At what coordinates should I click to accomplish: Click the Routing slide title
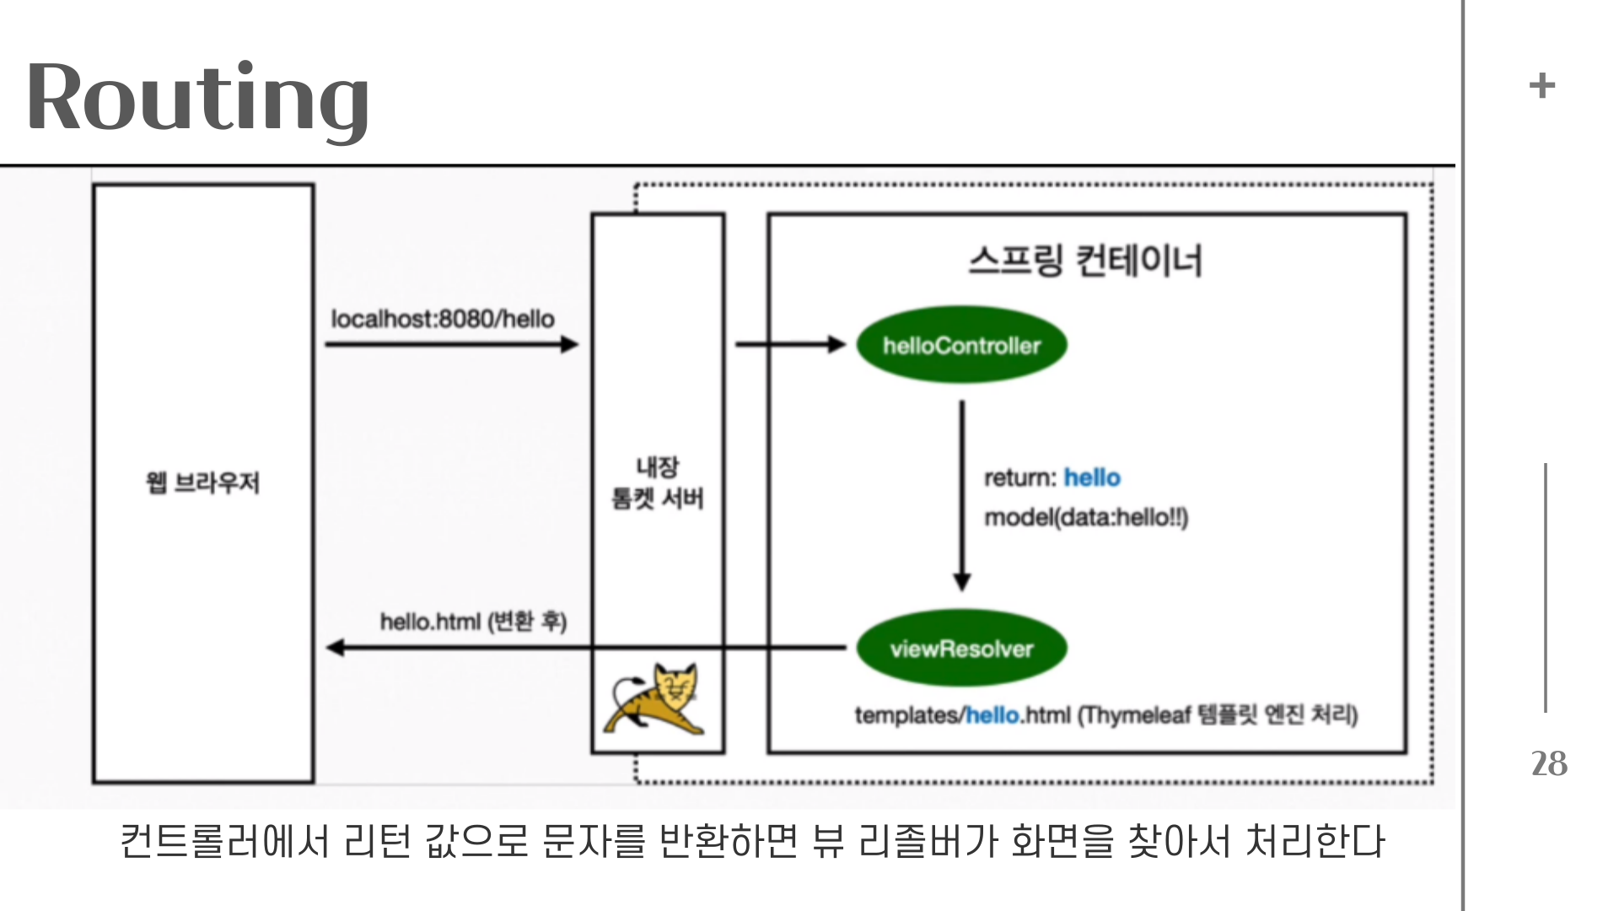197,98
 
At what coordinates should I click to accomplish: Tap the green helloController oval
961,345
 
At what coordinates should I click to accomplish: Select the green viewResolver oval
961,649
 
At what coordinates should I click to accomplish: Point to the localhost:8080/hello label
443,319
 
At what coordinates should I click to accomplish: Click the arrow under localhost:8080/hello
451,344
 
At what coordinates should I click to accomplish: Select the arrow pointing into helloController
790,344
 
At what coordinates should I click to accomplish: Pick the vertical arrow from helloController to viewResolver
962,494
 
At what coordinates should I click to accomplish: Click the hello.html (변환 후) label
473,622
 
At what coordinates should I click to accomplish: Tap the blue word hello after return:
1092,477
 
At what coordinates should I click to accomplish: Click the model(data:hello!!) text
1086,517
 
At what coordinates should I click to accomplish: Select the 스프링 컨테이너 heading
1085,261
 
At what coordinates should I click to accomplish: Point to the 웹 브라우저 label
203,482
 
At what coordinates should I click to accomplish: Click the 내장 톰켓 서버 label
658,482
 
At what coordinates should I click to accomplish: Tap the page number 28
1549,763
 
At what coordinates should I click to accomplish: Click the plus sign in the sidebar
1542,85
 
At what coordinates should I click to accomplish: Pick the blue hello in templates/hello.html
992,715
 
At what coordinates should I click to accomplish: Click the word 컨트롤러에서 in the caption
223,841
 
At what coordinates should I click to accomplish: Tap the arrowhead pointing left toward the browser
336,648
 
